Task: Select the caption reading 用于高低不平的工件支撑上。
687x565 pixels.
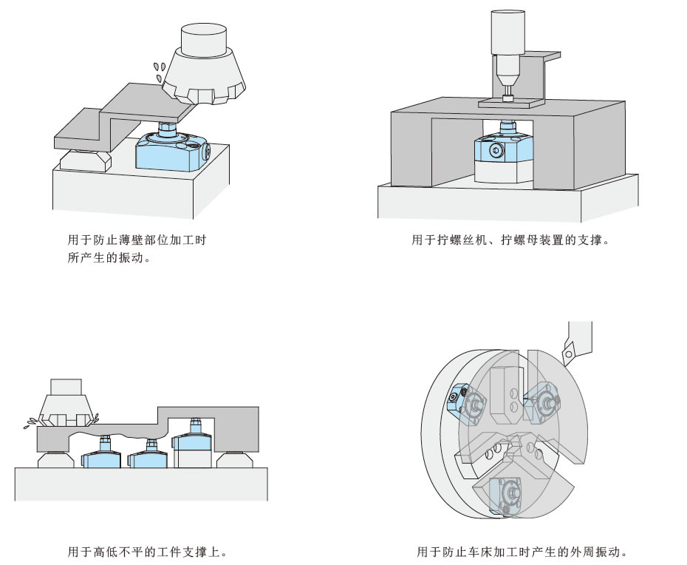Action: coord(147,552)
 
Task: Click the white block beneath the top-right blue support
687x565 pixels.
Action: coord(505,172)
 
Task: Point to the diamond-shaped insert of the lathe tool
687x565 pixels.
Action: coord(568,354)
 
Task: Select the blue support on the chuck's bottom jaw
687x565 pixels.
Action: coord(507,491)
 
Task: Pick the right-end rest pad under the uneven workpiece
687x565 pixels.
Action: coord(238,461)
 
